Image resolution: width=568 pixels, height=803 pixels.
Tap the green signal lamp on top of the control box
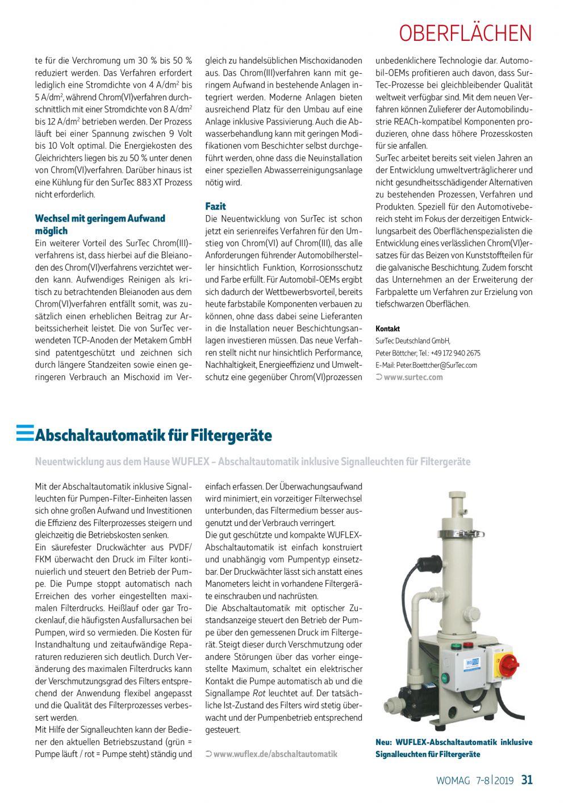coord(454,646)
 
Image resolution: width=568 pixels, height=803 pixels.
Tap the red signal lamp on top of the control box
coord(469,646)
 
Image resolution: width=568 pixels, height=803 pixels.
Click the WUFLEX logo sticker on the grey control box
coord(473,663)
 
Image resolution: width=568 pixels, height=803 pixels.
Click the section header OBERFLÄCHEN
coord(465,34)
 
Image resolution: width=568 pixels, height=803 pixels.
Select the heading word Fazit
coord(215,206)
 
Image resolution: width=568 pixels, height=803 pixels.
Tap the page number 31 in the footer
coord(527,780)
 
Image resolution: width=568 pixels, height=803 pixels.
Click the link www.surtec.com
coord(413,377)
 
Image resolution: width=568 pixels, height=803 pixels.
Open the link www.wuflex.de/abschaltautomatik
coord(275,754)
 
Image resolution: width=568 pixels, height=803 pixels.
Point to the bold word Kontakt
coord(387,329)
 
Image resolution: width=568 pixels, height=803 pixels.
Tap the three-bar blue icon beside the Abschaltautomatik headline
coord(25,433)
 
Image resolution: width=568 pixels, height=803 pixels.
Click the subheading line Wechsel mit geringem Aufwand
coord(100,219)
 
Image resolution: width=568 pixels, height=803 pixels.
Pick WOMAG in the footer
coord(453,781)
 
